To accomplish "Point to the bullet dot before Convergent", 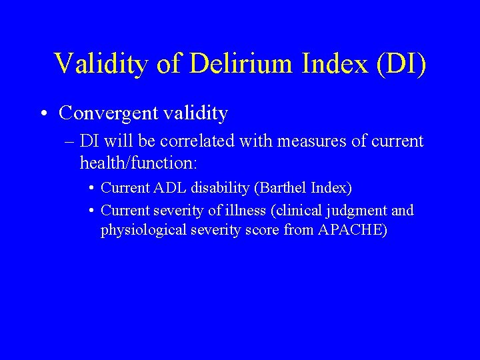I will pos(43,113).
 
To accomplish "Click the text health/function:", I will pos(138,162).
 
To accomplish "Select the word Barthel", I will pos(281,189).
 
